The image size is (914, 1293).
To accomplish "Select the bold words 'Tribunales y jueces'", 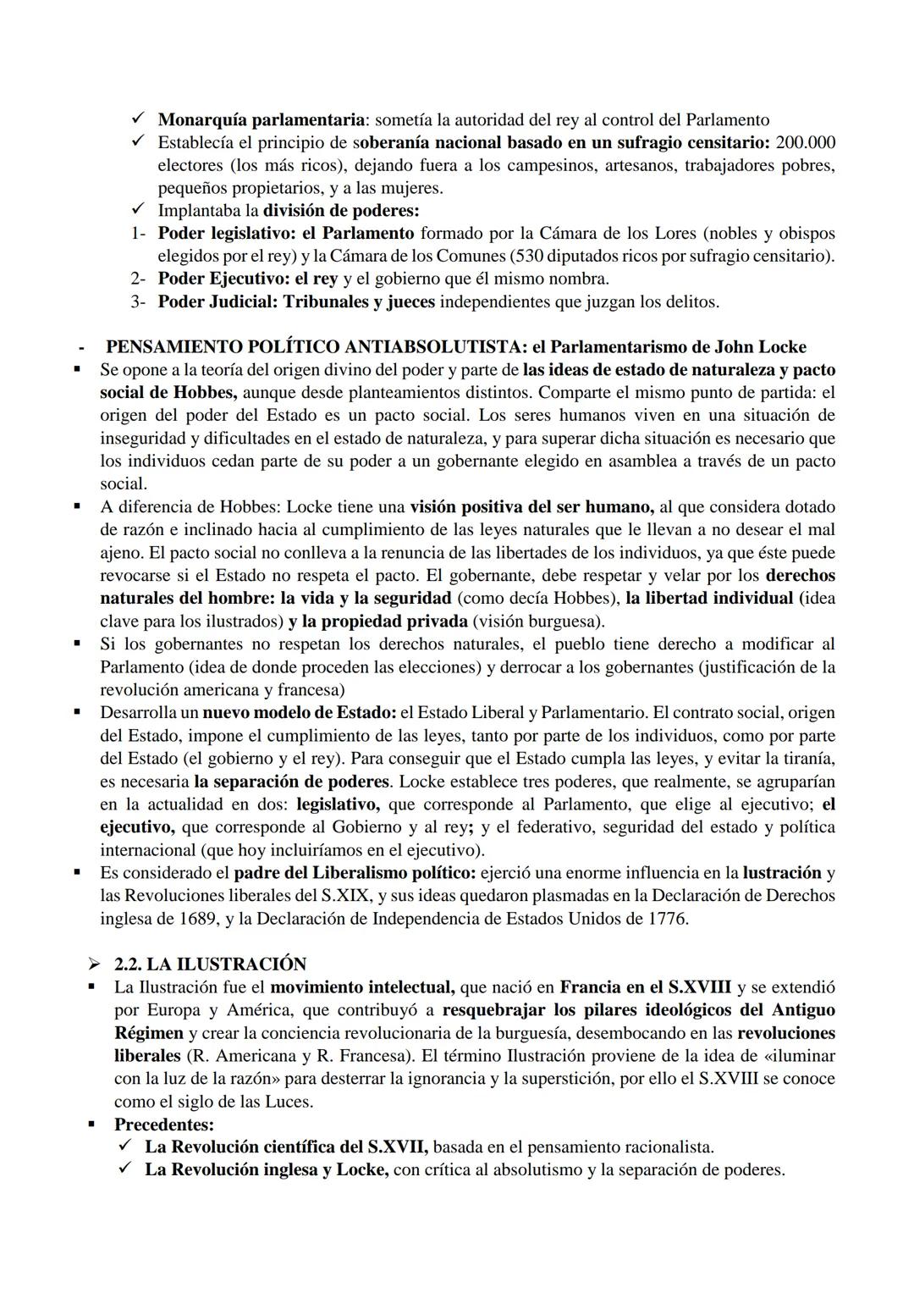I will tap(359, 301).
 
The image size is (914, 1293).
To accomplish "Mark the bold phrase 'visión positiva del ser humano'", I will tap(531, 507).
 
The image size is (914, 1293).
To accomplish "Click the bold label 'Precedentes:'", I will tap(164, 1124).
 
